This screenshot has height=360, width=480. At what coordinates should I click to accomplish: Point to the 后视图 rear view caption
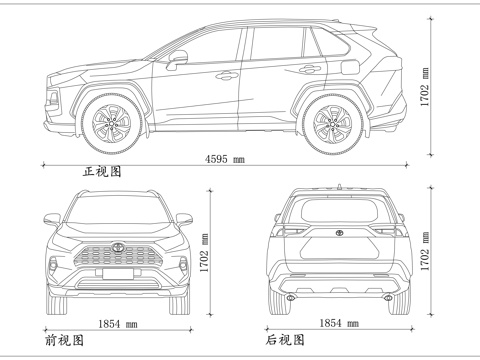click(284, 340)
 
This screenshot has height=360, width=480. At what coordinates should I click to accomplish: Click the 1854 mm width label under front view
click(118, 324)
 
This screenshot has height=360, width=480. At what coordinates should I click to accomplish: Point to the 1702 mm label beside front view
click(206, 253)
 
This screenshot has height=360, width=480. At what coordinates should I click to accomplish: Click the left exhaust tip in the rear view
click(290, 297)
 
